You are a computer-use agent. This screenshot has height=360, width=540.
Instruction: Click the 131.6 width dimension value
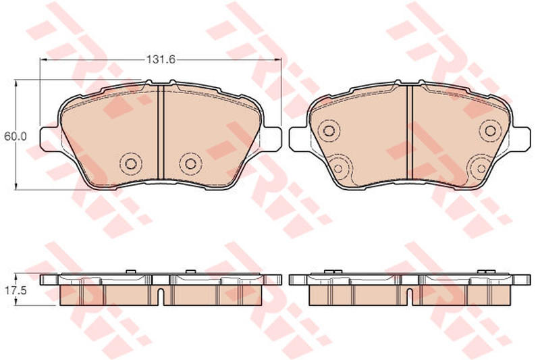161,59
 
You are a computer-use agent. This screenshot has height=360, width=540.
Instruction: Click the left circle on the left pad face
131,163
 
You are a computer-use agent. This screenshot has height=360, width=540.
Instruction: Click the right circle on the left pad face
190,163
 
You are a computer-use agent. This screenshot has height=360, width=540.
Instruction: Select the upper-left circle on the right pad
329,130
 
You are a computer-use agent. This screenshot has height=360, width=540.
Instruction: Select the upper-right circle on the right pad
491,130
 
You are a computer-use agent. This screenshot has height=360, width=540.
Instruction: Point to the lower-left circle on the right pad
338,168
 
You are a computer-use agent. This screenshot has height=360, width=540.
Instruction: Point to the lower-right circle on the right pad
481,168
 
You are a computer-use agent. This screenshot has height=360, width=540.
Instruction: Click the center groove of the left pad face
161,132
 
